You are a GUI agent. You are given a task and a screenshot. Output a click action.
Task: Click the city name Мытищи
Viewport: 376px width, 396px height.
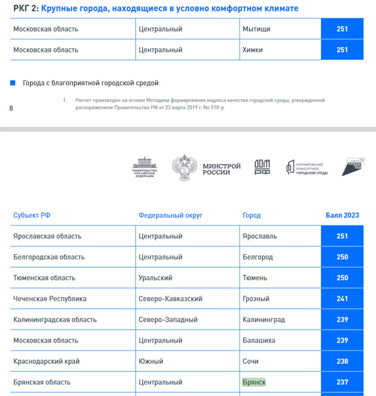click(x=256, y=29)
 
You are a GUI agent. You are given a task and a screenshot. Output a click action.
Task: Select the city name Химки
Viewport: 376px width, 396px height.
click(x=252, y=50)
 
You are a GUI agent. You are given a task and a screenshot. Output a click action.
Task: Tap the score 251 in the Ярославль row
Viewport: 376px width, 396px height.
click(x=342, y=236)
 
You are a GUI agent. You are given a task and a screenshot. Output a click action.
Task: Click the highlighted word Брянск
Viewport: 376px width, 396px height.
click(x=254, y=382)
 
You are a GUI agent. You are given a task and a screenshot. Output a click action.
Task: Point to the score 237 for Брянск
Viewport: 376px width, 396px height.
click(x=342, y=382)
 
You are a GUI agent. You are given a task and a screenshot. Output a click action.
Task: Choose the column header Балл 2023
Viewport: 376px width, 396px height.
click(x=342, y=215)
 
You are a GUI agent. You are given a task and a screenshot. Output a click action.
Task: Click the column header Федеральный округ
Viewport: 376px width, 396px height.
click(x=170, y=215)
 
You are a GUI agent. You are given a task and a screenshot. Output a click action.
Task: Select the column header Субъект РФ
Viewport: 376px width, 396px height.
click(x=32, y=215)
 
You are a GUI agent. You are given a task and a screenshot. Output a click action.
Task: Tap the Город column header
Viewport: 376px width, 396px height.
click(x=251, y=215)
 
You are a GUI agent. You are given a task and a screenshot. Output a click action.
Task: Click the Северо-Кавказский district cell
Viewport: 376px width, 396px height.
click(x=170, y=299)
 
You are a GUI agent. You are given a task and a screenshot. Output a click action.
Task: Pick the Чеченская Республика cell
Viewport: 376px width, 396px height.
click(x=50, y=299)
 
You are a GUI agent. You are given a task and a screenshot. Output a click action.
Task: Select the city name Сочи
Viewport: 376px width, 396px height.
click(x=251, y=362)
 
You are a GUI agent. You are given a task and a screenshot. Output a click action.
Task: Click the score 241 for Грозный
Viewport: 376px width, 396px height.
click(x=342, y=299)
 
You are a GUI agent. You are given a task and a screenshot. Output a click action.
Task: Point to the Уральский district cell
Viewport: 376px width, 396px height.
click(x=155, y=278)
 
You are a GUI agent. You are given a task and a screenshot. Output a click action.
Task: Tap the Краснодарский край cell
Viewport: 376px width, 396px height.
click(x=46, y=362)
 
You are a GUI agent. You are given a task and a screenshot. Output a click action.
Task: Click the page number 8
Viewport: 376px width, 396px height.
click(x=11, y=108)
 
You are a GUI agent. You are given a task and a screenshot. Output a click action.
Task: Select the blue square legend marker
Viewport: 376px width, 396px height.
click(x=13, y=83)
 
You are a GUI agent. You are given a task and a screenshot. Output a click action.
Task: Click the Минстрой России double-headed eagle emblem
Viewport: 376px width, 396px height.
click(x=185, y=168)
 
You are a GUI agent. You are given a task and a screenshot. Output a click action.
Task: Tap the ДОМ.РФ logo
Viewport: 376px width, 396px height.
click(x=262, y=167)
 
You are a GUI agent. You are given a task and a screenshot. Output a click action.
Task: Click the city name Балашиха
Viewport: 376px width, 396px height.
click(x=259, y=341)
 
